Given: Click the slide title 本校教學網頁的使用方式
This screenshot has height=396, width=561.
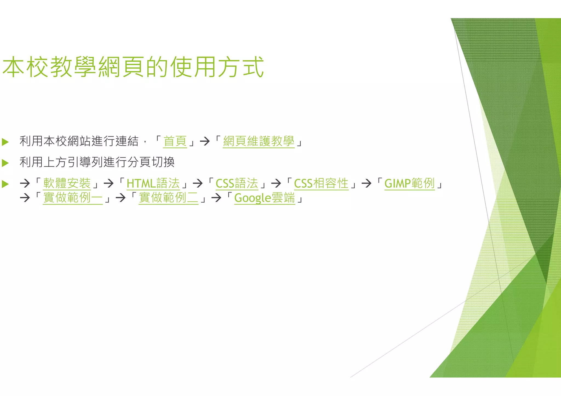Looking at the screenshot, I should [x=133, y=67].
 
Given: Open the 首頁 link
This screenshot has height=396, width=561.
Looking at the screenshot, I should [x=175, y=141].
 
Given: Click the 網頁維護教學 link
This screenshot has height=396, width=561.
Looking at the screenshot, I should [x=259, y=141].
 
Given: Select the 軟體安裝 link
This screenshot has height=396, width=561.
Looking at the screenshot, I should [x=67, y=183].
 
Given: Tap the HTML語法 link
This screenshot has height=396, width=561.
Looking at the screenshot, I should [x=153, y=183].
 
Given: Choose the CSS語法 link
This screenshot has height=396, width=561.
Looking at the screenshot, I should [x=237, y=183].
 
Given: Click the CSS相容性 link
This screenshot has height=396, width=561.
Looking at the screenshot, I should [x=321, y=183].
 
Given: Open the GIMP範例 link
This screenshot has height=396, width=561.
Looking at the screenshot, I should [x=410, y=183].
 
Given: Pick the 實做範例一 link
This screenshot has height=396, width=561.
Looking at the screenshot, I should [x=73, y=198].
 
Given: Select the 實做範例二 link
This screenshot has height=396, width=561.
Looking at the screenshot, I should [x=168, y=198].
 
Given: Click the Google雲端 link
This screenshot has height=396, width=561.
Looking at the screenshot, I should [x=265, y=198].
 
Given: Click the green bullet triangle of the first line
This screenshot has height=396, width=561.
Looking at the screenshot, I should [x=5, y=142].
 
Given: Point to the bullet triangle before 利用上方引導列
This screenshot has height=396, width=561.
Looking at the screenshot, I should [x=5, y=163].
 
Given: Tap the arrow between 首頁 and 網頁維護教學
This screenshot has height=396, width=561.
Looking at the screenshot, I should [x=205, y=141].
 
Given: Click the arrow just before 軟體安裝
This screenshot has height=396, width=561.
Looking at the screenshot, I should [x=25, y=183].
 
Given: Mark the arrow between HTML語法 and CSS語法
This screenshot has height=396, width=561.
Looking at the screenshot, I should [x=198, y=183].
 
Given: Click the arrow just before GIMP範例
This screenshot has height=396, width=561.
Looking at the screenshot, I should [x=366, y=183].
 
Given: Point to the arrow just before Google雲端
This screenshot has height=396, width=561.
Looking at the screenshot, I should [x=216, y=198].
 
